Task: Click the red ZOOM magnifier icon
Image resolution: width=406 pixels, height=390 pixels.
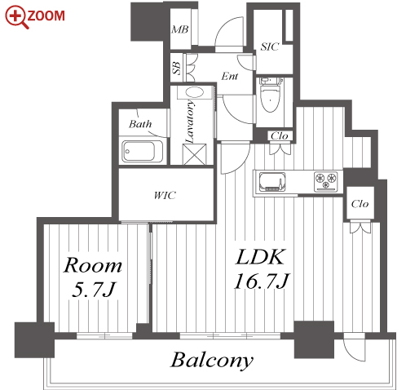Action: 17,17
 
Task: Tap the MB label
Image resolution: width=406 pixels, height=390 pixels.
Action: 180,29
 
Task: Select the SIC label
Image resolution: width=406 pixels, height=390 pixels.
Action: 270,47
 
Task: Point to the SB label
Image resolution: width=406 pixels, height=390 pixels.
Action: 177,68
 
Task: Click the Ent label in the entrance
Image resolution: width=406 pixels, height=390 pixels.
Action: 230,76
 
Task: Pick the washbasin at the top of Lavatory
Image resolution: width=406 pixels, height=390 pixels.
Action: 195,92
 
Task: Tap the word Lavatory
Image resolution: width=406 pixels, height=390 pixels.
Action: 190,122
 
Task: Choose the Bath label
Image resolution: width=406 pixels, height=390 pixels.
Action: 140,124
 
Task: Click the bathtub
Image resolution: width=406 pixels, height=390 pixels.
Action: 143,151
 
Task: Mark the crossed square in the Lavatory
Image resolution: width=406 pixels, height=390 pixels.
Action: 194,154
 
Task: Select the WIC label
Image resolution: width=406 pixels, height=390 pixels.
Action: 165,195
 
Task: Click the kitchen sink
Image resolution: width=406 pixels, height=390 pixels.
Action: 272,182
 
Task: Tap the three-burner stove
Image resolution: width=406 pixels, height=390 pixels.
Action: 325,181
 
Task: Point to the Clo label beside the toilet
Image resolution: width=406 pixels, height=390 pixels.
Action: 280,135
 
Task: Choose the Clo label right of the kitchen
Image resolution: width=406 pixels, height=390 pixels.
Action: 360,204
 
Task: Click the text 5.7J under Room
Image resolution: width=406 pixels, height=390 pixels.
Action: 94,290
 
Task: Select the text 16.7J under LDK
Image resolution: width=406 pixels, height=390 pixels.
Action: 262,281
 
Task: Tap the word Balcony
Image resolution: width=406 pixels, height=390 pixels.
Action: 212,361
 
